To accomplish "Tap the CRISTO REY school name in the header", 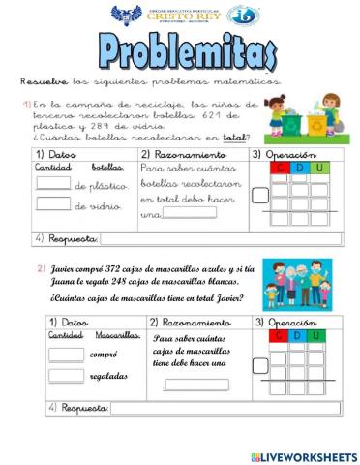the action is click(x=181, y=17).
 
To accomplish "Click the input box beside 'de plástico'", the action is click(x=54, y=183).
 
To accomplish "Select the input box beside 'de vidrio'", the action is click(x=54, y=202).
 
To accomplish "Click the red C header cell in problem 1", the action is click(x=281, y=169).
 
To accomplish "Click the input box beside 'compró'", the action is click(x=67, y=355).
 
